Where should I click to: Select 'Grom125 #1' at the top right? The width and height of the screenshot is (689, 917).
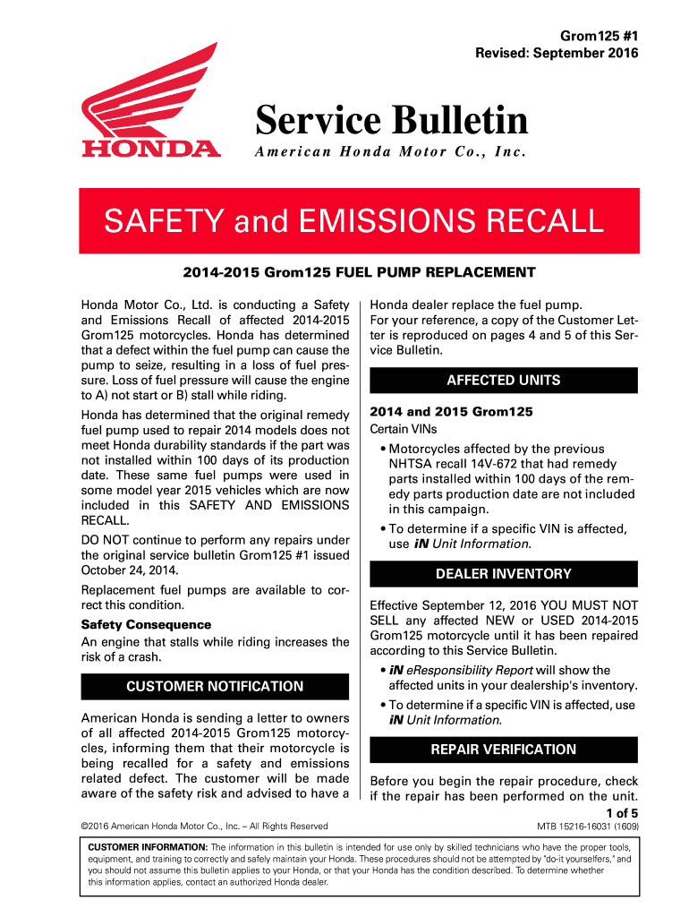click(x=600, y=37)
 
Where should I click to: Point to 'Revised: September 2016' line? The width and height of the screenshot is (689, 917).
click(x=557, y=53)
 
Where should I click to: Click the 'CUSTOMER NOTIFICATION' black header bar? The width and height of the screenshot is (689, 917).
click(x=215, y=686)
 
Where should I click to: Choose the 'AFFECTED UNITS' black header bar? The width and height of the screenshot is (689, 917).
click(x=503, y=380)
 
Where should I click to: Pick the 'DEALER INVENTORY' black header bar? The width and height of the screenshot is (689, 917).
click(x=503, y=573)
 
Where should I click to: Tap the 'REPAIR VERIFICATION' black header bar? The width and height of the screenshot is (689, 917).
click(x=503, y=749)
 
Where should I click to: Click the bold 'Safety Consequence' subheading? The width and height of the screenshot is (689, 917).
click(x=146, y=624)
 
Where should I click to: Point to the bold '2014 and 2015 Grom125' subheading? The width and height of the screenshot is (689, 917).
click(x=451, y=412)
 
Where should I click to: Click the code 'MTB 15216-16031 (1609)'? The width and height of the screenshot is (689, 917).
click(x=587, y=826)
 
